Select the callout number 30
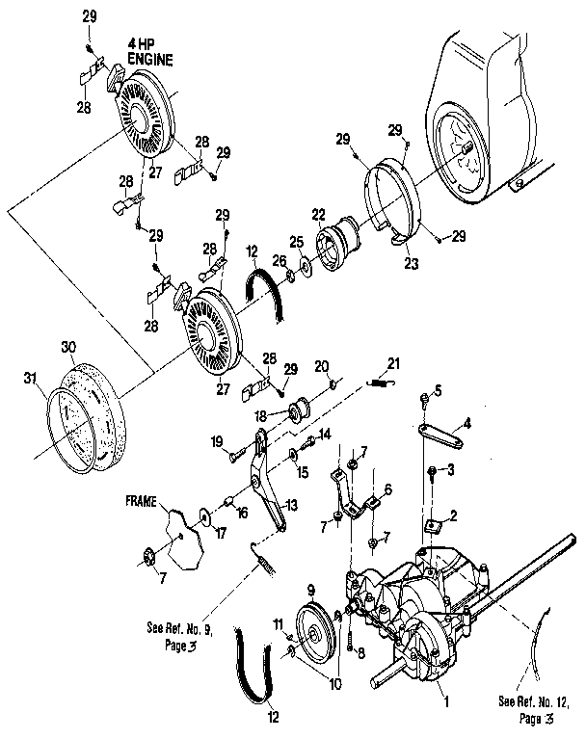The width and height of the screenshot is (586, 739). tap(67, 346)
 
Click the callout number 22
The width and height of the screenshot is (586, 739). tap(317, 214)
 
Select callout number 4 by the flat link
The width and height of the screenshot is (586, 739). tap(466, 423)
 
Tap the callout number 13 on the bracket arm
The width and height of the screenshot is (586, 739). tap(290, 505)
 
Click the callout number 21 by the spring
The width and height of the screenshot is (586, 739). tap(392, 362)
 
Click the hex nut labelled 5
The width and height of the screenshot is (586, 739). tap(425, 397)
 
